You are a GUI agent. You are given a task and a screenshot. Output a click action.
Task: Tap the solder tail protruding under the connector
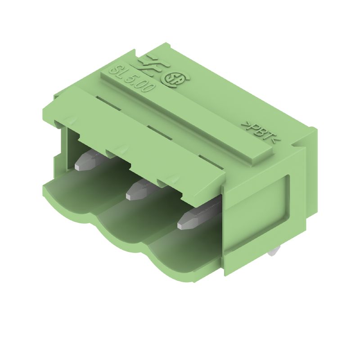(273, 253)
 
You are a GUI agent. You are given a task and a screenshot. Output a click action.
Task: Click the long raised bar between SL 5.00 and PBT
(189, 117)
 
